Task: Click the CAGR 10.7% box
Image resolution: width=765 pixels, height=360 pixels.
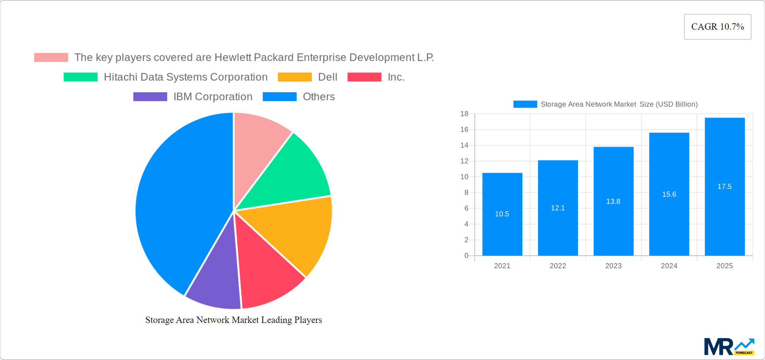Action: pos(717,27)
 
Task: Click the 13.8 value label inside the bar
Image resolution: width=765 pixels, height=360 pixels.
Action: pos(613,201)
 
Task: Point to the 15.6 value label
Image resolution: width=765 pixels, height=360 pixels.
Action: pos(669,194)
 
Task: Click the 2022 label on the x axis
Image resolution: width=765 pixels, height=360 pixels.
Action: pos(557,266)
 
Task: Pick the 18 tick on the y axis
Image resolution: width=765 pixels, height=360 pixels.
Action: pos(464,114)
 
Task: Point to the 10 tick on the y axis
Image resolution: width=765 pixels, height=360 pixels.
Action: pos(464,177)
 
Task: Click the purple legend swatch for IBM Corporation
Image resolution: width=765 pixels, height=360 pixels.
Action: pos(150,97)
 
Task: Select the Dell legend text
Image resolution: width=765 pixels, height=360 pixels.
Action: pos(328,77)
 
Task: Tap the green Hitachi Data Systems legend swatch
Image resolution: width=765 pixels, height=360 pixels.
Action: pos(80,77)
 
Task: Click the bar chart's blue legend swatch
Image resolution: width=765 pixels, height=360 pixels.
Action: pos(525,104)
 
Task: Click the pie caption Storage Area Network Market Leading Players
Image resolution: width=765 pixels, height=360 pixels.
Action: pos(233,320)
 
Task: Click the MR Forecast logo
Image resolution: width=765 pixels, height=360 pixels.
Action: pos(728,347)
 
